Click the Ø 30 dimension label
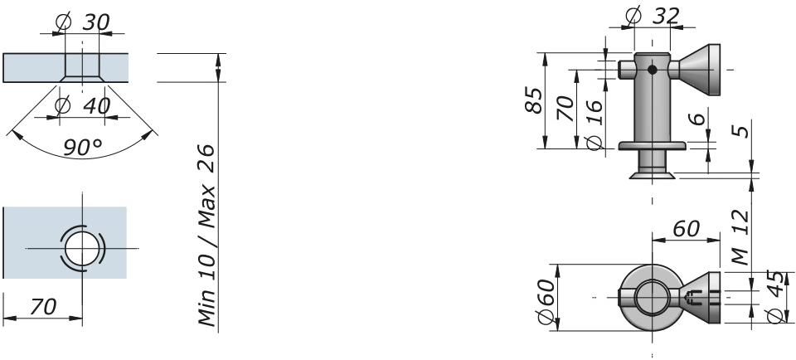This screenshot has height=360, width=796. point(84,23)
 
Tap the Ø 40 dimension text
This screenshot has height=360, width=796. point(84,106)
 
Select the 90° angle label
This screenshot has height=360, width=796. point(82,148)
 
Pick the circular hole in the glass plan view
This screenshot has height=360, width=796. point(81,248)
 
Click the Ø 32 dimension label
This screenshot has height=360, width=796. point(653,16)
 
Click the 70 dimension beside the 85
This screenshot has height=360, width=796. point(566,108)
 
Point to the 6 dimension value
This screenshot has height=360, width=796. point(699,119)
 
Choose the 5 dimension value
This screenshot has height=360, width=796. point(743,129)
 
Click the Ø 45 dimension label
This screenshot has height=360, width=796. point(776,296)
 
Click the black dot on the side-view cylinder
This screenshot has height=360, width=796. point(653,71)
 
